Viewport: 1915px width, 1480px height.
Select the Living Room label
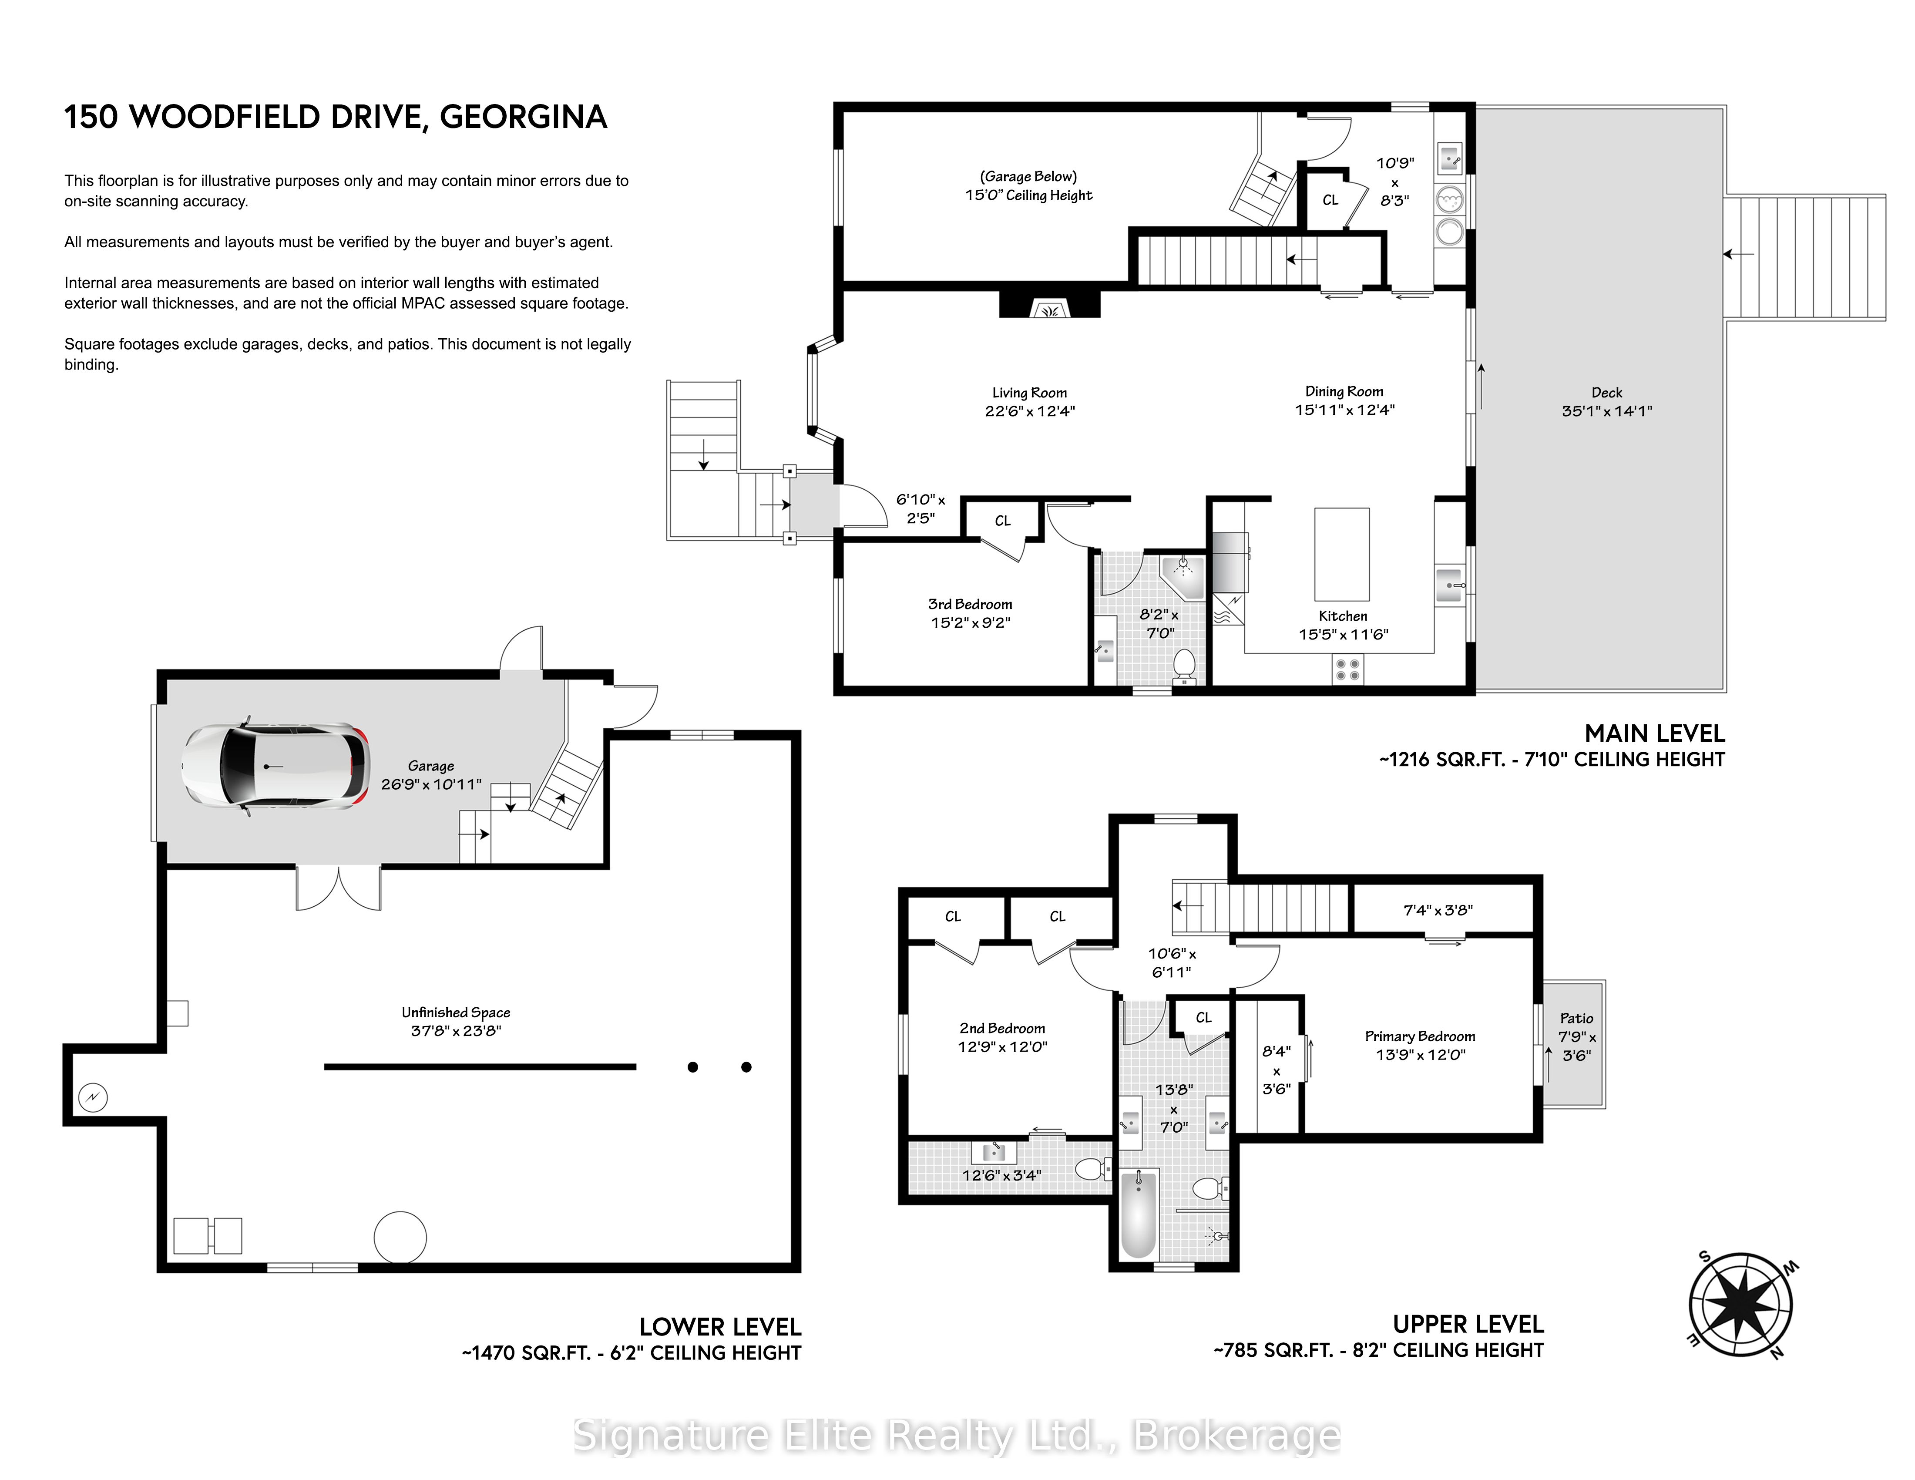coord(1029,393)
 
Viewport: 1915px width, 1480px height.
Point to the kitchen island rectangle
coord(1341,554)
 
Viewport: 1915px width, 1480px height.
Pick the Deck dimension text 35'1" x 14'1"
coord(1606,410)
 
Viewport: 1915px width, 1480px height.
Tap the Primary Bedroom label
coord(1420,1036)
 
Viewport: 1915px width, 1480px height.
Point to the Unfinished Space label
coord(456,1012)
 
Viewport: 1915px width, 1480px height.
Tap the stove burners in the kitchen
coord(1347,671)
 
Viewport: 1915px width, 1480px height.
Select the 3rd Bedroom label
coord(970,604)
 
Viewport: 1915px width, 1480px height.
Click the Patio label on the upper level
coord(1576,1018)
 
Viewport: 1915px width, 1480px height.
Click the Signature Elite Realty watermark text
coord(957,1435)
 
